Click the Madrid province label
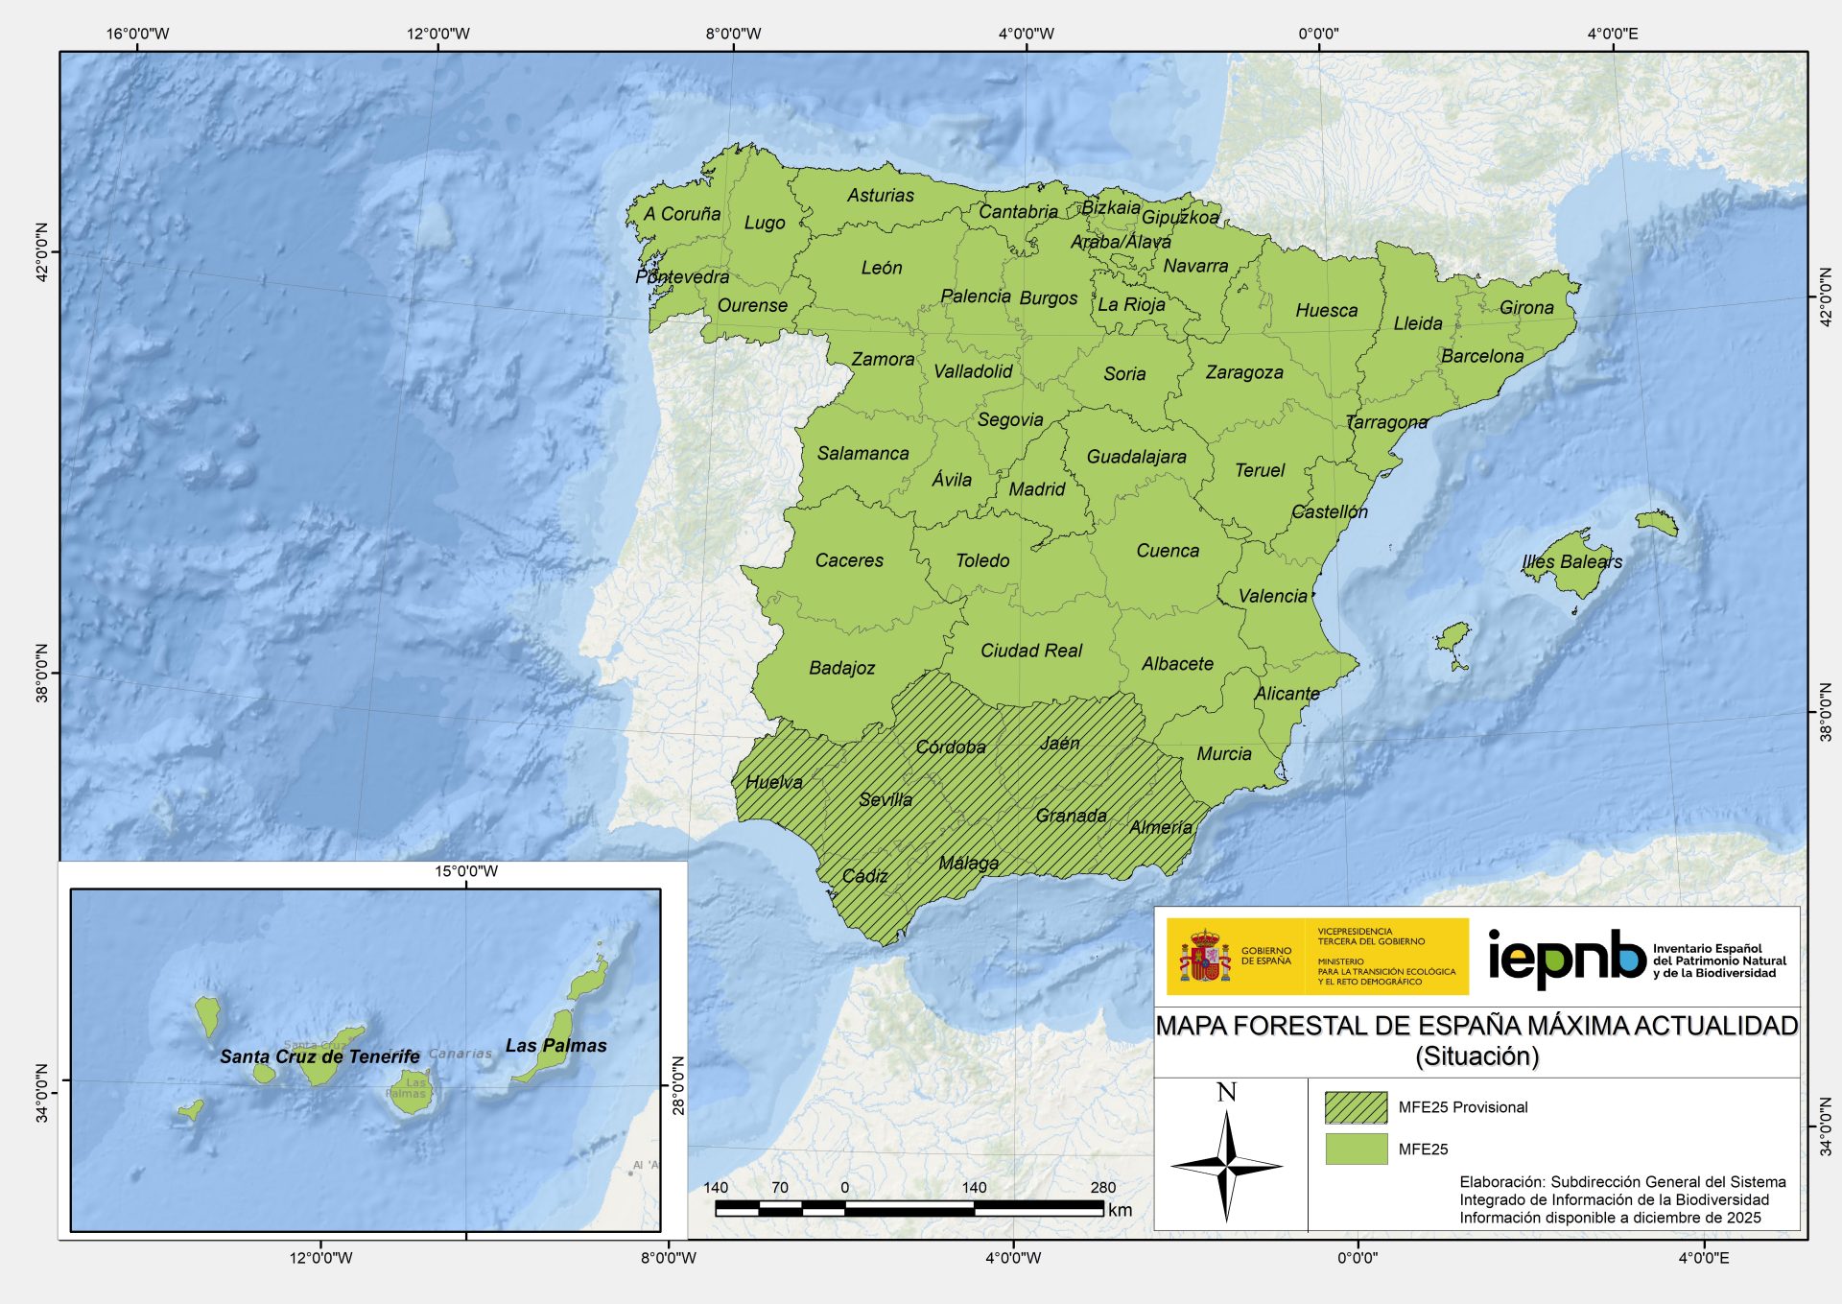point(1036,489)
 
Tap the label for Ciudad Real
point(1030,651)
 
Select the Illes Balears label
point(1571,562)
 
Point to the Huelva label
point(773,782)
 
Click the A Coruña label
point(681,214)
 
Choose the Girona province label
point(1525,308)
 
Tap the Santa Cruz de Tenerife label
point(319,1056)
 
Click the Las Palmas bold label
point(555,1046)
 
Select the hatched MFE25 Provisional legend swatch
point(1356,1107)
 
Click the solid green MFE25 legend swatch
point(1356,1149)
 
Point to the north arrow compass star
point(1226,1166)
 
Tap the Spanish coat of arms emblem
point(1204,956)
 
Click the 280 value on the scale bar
point(1102,1188)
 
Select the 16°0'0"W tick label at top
point(137,35)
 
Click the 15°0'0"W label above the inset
point(465,871)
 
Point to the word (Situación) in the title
point(1476,1056)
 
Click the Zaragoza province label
point(1243,372)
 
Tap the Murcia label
point(1223,754)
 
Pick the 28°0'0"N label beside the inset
point(678,1085)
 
